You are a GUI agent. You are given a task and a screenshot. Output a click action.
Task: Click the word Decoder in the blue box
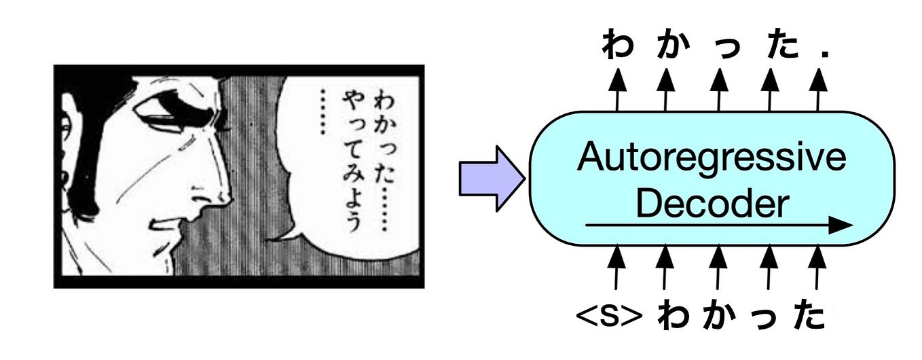(x=711, y=202)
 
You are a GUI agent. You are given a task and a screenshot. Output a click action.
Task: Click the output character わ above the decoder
(x=616, y=46)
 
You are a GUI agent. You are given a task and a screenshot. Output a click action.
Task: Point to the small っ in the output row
(x=718, y=49)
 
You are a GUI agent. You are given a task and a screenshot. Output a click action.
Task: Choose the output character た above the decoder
(x=769, y=46)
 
